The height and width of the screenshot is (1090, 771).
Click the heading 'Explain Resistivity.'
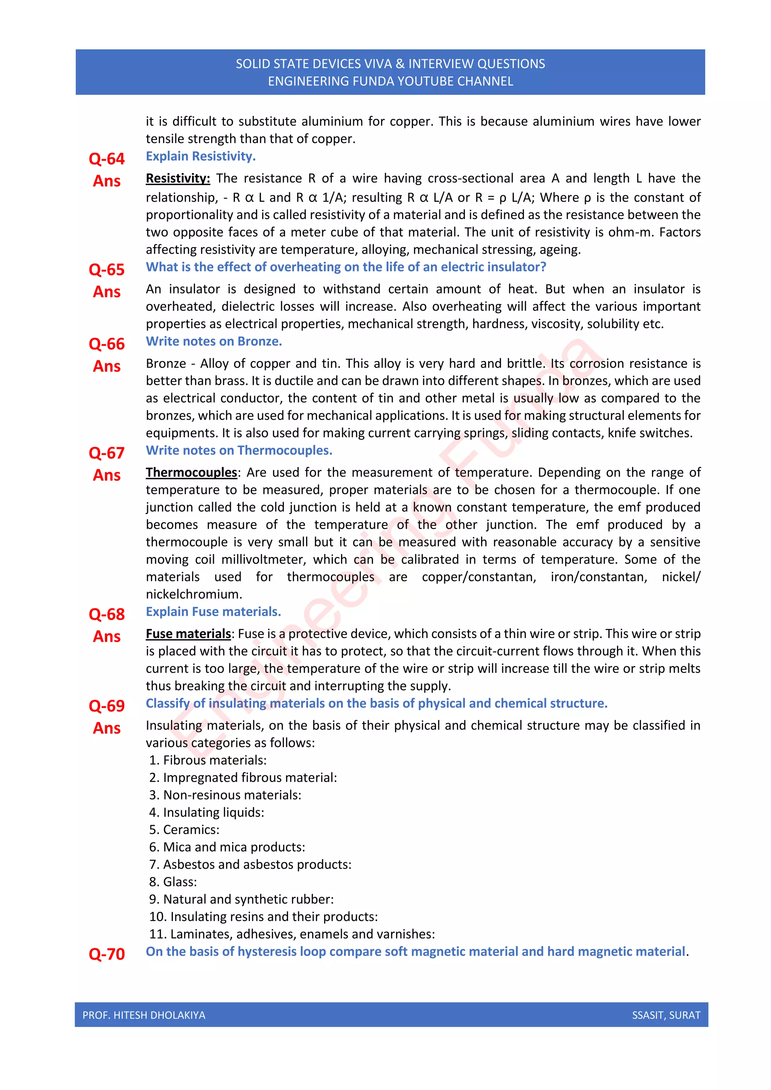(x=200, y=156)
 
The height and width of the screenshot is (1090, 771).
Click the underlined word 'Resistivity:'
(x=178, y=178)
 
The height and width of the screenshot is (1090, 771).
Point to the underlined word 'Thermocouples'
(x=191, y=472)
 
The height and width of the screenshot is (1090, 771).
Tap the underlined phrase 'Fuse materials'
(x=188, y=634)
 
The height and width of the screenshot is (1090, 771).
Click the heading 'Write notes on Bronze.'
(x=213, y=341)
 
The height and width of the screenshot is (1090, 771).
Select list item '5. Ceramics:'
(x=184, y=830)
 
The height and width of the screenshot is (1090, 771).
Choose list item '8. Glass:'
(x=173, y=881)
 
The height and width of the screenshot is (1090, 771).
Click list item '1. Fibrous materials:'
(x=207, y=760)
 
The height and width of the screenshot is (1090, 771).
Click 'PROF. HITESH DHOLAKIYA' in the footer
(x=144, y=1015)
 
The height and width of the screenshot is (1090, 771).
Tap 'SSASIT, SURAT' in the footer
(x=666, y=1015)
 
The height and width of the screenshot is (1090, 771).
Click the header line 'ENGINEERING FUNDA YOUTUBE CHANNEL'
(x=390, y=81)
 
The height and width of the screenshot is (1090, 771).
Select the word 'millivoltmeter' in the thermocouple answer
(x=263, y=559)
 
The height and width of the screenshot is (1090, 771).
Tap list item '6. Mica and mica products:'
(x=227, y=847)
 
